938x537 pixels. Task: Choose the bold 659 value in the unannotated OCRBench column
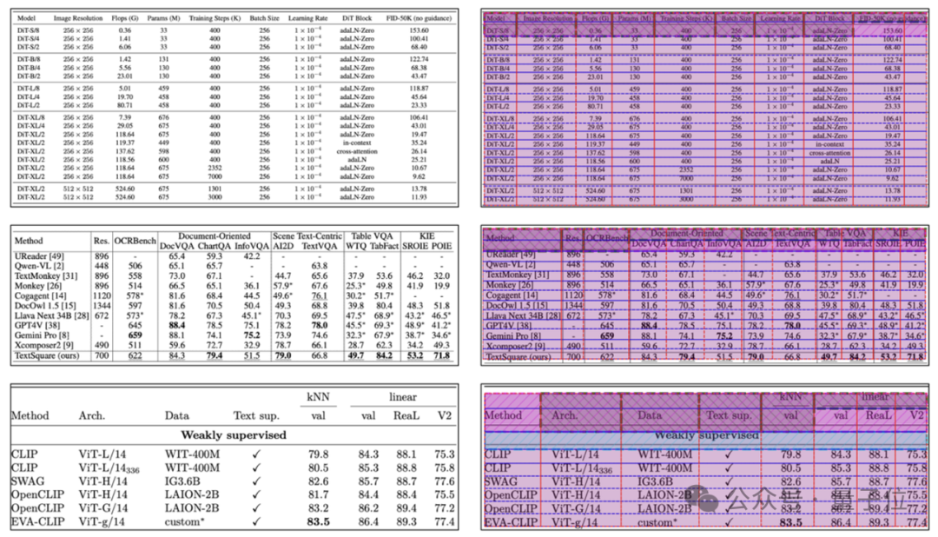[x=135, y=335]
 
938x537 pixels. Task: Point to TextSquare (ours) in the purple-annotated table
[x=519, y=356]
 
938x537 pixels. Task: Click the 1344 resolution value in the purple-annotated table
[x=573, y=305]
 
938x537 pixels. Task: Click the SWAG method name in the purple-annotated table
[x=501, y=481]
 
